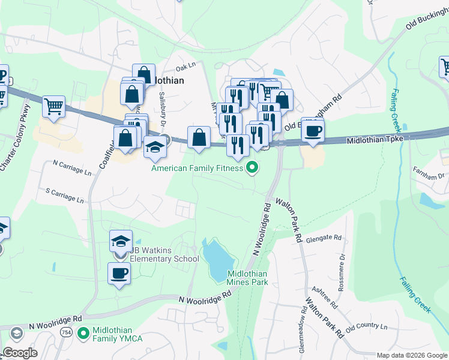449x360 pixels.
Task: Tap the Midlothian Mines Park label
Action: (247, 278)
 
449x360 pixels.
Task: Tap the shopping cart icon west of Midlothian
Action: (54, 107)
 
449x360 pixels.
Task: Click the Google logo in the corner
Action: (20, 353)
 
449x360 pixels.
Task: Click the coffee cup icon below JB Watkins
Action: (119, 274)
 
